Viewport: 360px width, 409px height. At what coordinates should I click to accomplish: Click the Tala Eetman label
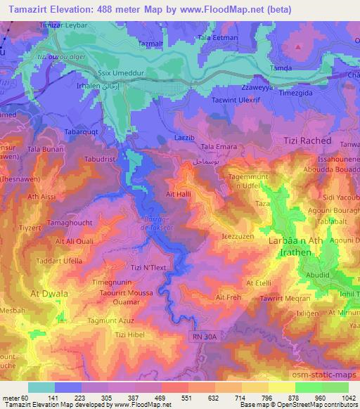point(219,37)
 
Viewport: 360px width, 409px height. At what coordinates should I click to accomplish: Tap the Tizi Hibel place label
point(126,335)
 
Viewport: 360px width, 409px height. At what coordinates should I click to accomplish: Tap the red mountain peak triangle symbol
point(298,47)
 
